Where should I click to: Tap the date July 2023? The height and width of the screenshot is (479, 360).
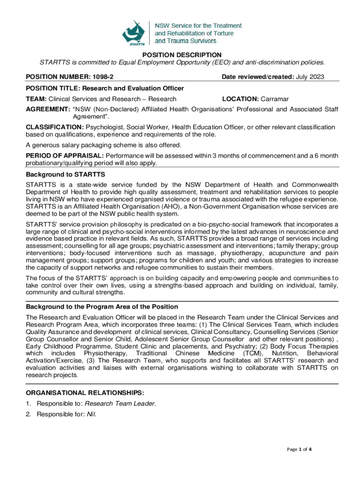[310, 76]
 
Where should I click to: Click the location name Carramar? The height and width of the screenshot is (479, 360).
[275, 99]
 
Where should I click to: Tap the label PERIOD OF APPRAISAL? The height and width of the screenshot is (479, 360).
[65, 155]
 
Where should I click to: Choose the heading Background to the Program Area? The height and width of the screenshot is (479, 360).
[102, 306]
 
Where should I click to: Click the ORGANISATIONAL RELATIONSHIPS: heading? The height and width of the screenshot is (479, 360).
[85, 392]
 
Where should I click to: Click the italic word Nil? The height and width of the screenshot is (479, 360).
[92, 414]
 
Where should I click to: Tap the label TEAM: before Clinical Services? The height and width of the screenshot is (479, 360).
[36, 99]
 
